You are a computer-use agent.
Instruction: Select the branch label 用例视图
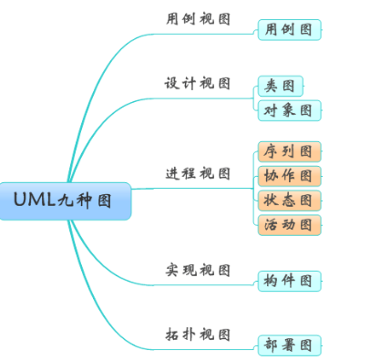(x=198, y=17)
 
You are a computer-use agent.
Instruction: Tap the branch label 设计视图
(x=198, y=83)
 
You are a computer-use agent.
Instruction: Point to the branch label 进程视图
(x=198, y=173)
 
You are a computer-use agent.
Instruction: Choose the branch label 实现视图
(x=198, y=270)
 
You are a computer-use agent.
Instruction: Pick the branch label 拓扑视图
(x=198, y=334)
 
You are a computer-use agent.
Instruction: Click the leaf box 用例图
(x=289, y=30)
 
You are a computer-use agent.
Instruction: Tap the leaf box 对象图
(x=289, y=111)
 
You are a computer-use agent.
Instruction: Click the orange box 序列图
(x=289, y=150)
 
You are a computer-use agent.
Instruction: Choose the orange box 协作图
(x=289, y=175)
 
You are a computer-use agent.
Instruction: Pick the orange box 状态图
(x=289, y=200)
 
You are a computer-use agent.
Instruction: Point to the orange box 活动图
(x=289, y=224)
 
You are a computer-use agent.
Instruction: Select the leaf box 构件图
(x=289, y=280)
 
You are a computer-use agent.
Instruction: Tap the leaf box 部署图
(x=289, y=345)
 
